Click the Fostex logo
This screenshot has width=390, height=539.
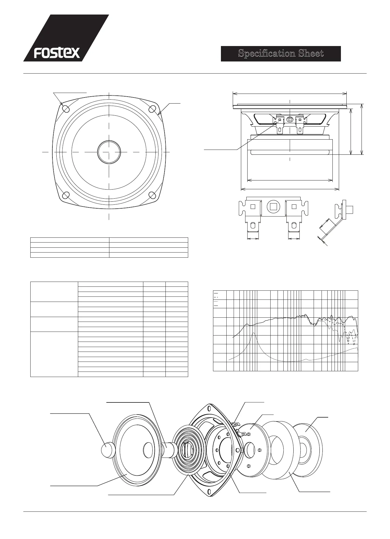click(57, 53)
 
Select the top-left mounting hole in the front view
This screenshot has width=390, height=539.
click(65, 108)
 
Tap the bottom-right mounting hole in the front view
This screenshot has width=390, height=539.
click(152, 194)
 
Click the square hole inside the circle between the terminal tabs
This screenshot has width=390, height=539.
click(274, 207)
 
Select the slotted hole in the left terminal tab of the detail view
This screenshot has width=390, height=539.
click(253, 226)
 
